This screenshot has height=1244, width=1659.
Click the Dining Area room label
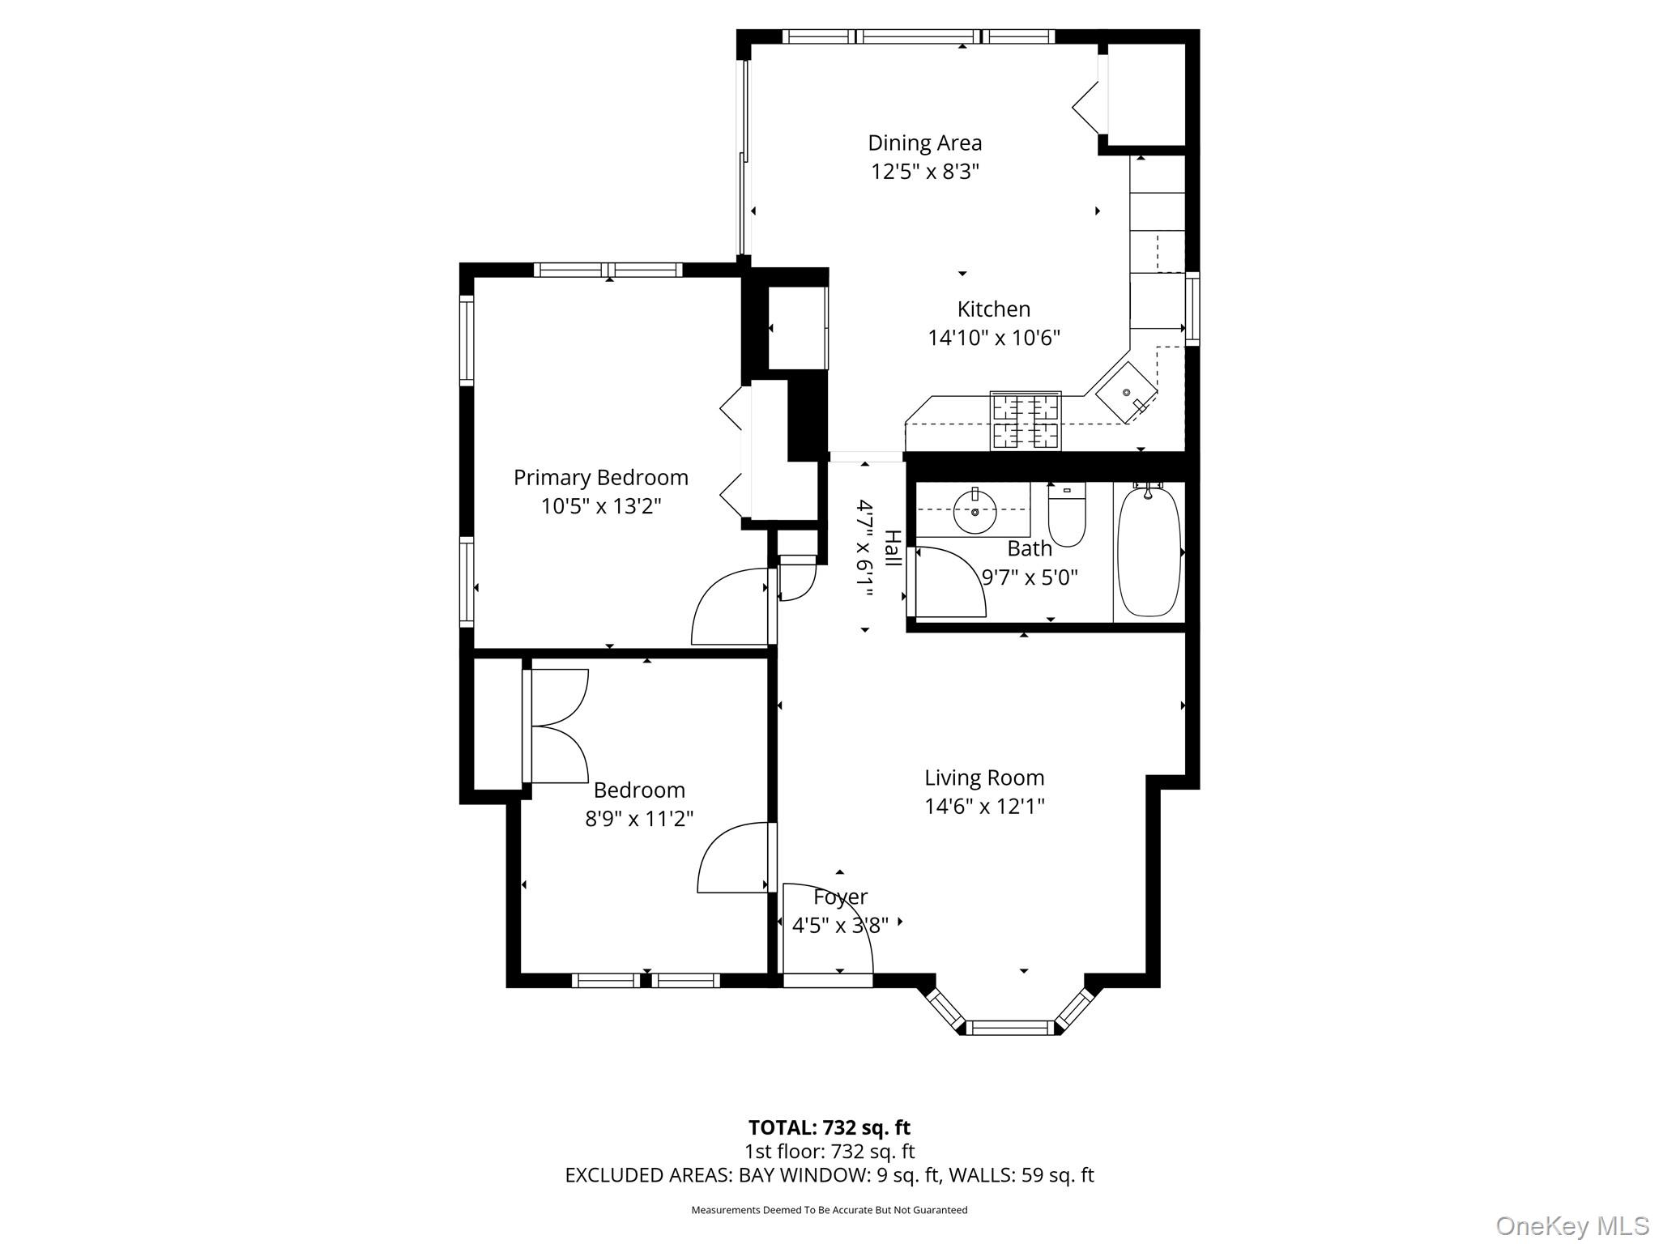(924, 143)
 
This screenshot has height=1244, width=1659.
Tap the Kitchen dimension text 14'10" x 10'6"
(993, 338)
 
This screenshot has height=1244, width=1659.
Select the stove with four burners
(1025, 420)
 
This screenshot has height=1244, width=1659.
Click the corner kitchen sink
(1126, 393)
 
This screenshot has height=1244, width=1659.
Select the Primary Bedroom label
(600, 478)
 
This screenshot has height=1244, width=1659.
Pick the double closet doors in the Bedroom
(559, 726)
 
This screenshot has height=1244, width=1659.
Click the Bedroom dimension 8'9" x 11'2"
(639, 819)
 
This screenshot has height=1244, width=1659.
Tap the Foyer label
(840, 897)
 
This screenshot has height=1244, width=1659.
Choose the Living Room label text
(984, 778)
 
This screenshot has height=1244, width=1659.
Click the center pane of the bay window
(1011, 1028)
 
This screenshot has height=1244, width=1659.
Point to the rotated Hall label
(892, 548)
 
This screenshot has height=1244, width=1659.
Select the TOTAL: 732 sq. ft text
(829, 1127)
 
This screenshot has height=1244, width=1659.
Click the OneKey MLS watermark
(1571, 1225)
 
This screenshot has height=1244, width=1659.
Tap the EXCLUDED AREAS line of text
(829, 1175)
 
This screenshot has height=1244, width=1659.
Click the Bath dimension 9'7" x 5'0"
(1030, 577)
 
